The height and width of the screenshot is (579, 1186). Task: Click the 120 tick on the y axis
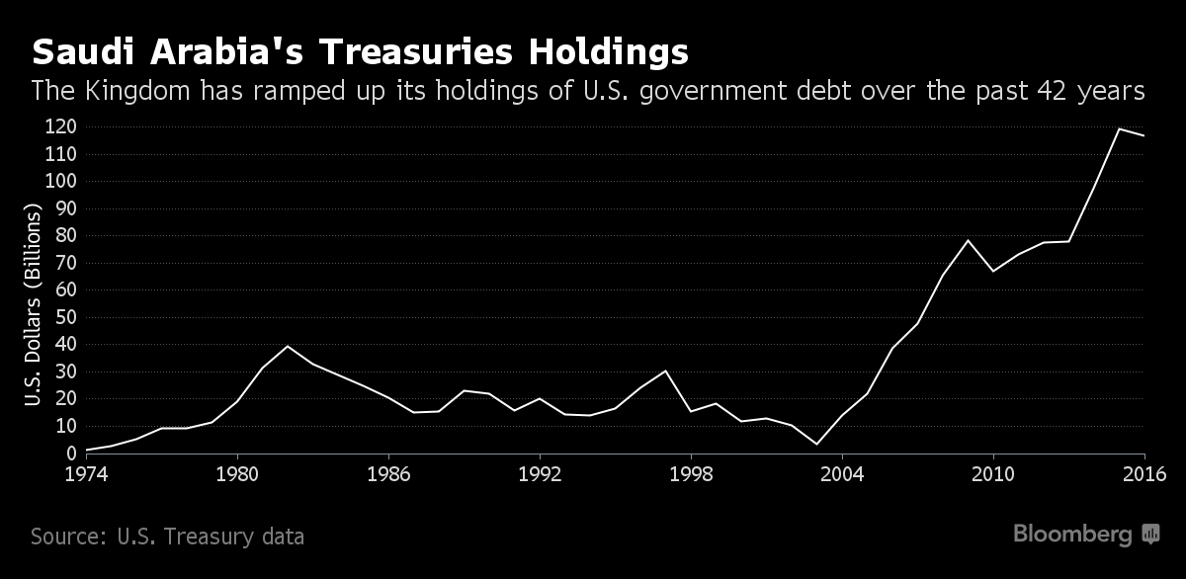(x=61, y=126)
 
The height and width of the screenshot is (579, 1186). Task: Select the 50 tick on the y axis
(x=66, y=317)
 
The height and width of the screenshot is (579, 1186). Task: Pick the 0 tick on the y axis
(x=71, y=454)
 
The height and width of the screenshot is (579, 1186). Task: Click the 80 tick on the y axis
(x=66, y=235)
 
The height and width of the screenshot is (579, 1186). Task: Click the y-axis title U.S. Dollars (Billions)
(x=33, y=306)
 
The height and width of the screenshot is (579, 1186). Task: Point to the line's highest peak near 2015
(x=1119, y=128)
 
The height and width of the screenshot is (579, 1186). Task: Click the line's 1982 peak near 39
(x=288, y=346)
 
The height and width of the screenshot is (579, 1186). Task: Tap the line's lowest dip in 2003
(x=816, y=444)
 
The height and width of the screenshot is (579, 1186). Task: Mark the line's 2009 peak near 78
(x=968, y=240)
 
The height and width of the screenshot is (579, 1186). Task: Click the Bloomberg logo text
(x=1072, y=535)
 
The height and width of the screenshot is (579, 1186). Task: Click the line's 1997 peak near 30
(x=665, y=371)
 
